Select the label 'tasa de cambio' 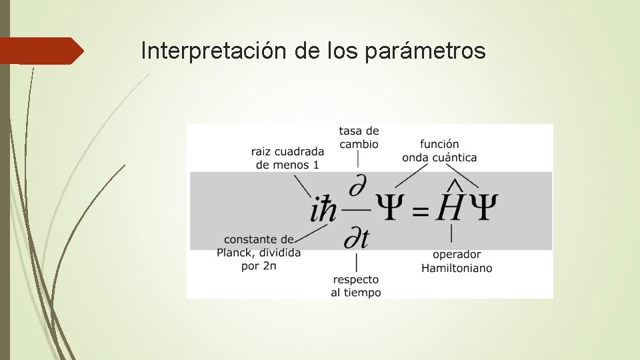coord(359,137)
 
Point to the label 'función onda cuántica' coord(439,151)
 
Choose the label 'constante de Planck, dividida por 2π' coord(259,253)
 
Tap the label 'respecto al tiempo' coord(356,286)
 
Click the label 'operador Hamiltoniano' coord(457,261)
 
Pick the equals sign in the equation coord(419,211)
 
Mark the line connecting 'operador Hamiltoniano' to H coord(452,233)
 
